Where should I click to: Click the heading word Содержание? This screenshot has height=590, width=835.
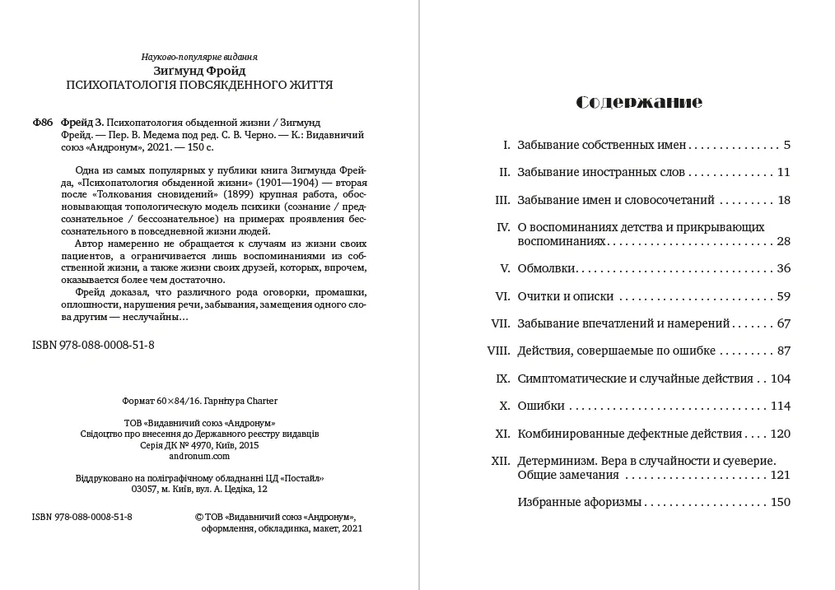(x=639, y=102)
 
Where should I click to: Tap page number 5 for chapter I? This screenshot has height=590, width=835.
(x=786, y=145)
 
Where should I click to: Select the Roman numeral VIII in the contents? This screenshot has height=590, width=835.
(x=500, y=351)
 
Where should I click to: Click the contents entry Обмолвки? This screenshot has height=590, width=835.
(x=546, y=268)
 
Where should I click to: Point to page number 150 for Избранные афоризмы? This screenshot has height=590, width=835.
(x=780, y=502)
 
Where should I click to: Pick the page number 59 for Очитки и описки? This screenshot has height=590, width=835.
(x=783, y=296)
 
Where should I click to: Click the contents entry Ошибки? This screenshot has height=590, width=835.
(x=541, y=406)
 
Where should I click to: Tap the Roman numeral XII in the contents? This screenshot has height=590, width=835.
(x=501, y=461)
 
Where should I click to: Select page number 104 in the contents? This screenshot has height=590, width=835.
(x=780, y=379)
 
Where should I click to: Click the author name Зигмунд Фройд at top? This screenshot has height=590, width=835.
(x=199, y=71)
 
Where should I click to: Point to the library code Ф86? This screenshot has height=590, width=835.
(x=42, y=122)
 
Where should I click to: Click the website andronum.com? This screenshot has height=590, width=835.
(x=199, y=455)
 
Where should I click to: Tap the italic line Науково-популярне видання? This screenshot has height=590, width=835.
(x=199, y=57)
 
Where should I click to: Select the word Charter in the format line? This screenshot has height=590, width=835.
(x=261, y=401)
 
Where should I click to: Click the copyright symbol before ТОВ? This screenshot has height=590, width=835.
(x=198, y=517)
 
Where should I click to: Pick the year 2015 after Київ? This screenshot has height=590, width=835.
(x=248, y=444)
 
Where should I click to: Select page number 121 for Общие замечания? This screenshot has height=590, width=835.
(x=780, y=475)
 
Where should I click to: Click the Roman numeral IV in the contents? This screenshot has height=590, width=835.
(x=504, y=227)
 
